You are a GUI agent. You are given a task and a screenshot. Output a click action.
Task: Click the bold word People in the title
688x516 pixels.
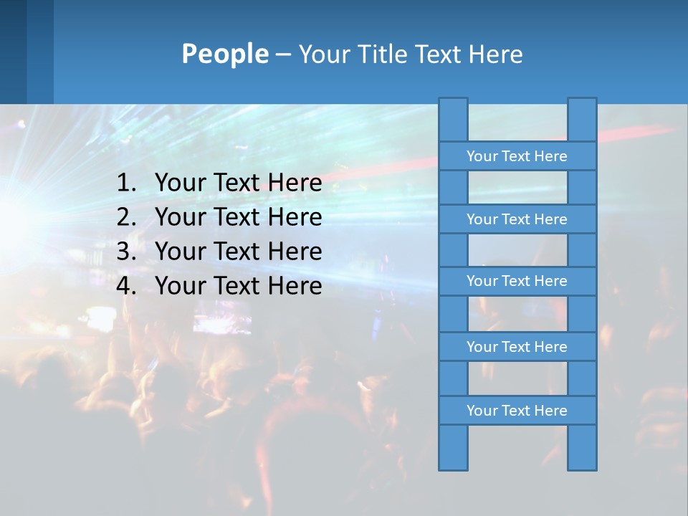tap(224, 54)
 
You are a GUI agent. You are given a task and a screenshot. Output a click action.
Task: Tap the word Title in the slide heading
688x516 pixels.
tap(384, 54)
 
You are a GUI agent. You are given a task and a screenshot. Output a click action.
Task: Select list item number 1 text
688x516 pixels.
tap(238, 183)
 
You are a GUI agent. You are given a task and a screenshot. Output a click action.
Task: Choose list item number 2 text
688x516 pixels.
tap(238, 217)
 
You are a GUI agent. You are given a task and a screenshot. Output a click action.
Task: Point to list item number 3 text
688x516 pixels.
tap(238, 252)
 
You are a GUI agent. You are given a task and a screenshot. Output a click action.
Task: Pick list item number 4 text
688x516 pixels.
tap(238, 286)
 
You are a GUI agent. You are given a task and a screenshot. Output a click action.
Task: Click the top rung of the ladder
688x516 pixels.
tap(517, 156)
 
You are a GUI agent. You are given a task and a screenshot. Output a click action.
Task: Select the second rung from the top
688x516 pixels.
tap(517, 219)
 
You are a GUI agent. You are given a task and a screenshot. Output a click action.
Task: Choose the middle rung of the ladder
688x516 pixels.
tap(517, 282)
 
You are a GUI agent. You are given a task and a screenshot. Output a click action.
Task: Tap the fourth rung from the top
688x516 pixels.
tap(517, 347)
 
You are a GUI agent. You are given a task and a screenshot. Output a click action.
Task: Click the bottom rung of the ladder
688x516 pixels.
tap(517, 411)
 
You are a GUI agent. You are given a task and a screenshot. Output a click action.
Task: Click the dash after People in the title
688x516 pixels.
tap(282, 54)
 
